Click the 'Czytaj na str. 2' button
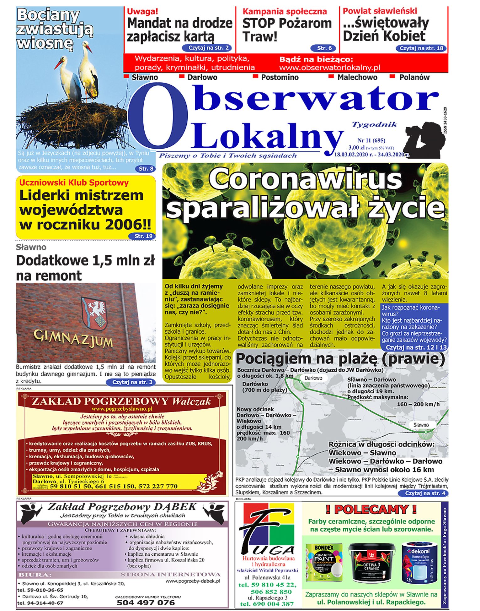tap(207, 48)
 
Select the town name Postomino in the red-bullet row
tap(280, 77)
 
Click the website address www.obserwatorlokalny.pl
tap(329, 68)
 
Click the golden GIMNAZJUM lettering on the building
tap(73, 339)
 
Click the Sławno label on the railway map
tap(421, 425)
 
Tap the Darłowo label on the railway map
tap(313, 378)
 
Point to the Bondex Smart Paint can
tap(324, 563)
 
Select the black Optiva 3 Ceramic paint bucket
tap(371, 563)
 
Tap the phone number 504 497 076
tap(146, 603)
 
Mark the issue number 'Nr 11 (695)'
tap(371, 140)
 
